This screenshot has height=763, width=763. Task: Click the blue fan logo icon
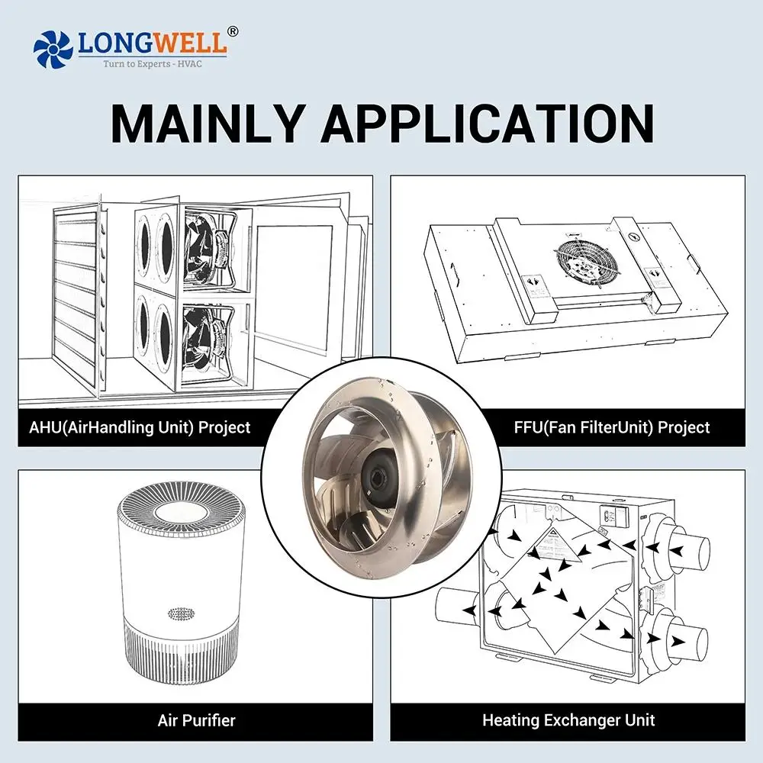click(53, 49)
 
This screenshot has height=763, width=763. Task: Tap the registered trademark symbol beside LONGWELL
click(233, 31)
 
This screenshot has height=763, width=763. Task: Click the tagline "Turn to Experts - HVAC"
click(153, 64)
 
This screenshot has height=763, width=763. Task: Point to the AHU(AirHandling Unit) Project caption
click(140, 427)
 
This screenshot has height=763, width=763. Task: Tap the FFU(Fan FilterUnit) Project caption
click(612, 427)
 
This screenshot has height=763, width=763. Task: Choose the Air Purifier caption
click(196, 720)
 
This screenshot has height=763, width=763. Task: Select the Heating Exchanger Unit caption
click(568, 720)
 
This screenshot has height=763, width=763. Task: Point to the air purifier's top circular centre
click(181, 512)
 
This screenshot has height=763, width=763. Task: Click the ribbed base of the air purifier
click(181, 652)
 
